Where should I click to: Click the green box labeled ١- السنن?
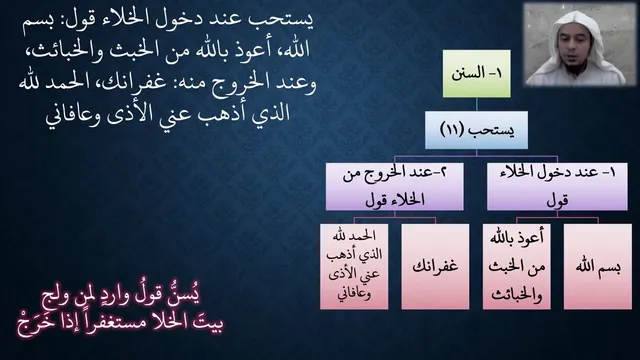coord(477,74)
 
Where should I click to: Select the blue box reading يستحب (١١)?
coord(476,130)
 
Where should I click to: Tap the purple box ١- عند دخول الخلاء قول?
coord(557,187)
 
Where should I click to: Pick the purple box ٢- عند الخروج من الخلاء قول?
coord(395,187)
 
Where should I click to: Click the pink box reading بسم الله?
coord(598,266)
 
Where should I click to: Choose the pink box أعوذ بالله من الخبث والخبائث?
coord(517,266)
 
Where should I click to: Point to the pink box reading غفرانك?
coord(436,266)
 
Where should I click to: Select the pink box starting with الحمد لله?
coord(354,266)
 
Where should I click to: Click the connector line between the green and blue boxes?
coord(477,104)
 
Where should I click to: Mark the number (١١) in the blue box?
coord(452,130)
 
